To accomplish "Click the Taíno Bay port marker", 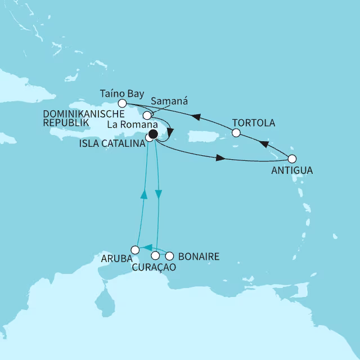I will click(122, 103).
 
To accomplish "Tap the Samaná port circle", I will click(147, 115).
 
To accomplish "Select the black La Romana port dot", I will click(153, 134).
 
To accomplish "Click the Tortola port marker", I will click(236, 133).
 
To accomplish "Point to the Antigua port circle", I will click(292, 159).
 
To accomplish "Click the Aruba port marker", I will click(134, 249).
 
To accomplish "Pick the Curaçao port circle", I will click(155, 256).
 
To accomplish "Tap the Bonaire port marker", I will click(168, 256).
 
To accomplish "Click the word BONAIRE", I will click(198, 256).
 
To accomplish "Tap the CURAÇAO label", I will click(154, 268).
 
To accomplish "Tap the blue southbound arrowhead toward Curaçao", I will click(159, 195).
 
